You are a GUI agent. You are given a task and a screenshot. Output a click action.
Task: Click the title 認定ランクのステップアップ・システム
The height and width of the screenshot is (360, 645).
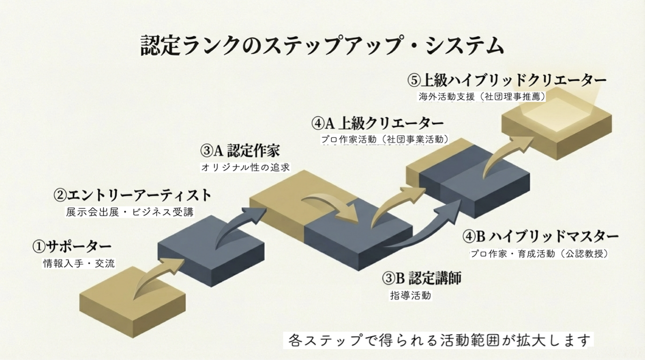322,46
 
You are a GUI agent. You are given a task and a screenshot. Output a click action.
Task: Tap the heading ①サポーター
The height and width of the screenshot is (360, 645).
71,246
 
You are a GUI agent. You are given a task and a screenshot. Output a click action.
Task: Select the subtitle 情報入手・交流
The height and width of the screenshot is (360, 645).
79,263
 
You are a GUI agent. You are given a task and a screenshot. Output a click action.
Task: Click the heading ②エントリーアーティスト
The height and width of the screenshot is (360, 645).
132,195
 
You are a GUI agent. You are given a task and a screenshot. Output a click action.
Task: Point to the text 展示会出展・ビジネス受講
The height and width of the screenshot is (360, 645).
129,212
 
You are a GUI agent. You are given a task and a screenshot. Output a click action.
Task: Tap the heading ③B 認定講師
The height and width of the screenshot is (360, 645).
421,278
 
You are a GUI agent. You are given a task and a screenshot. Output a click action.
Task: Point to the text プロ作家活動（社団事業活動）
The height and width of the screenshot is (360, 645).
385,139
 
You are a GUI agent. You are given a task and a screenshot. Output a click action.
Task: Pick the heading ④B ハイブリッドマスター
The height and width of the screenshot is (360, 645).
540,236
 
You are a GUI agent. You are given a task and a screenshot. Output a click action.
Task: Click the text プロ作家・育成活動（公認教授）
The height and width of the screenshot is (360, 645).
540,254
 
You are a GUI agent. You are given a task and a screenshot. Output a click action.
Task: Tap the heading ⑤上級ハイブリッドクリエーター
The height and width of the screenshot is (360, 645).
507,80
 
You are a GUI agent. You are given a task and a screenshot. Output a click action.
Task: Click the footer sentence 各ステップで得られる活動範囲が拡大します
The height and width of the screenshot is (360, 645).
438,340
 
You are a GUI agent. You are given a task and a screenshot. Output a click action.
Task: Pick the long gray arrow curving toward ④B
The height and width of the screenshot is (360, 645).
422,234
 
